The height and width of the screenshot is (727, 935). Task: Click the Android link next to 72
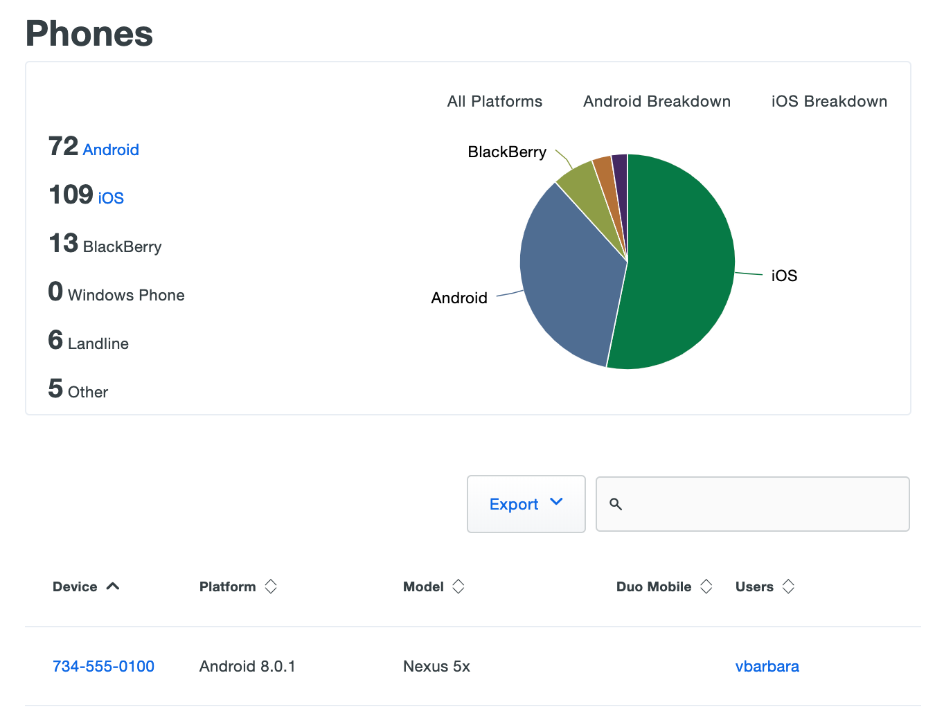(111, 150)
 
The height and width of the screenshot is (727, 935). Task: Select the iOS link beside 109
(111, 198)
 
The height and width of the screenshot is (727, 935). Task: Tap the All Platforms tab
(495, 101)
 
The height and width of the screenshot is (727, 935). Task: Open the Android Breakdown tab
(657, 101)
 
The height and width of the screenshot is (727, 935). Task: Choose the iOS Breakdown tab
(829, 101)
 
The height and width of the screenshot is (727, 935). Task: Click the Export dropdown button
(526, 504)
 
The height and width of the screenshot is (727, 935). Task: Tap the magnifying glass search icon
(616, 504)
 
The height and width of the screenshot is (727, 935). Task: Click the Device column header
(75, 586)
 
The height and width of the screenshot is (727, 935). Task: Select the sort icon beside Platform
(271, 586)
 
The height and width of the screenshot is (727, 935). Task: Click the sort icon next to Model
(458, 586)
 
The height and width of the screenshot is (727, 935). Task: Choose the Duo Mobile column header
(654, 586)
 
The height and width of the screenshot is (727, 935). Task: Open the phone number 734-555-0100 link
(103, 666)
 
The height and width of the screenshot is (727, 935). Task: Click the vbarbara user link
(767, 666)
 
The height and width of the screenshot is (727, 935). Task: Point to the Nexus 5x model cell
(436, 666)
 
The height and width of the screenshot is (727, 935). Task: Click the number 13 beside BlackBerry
(63, 244)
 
